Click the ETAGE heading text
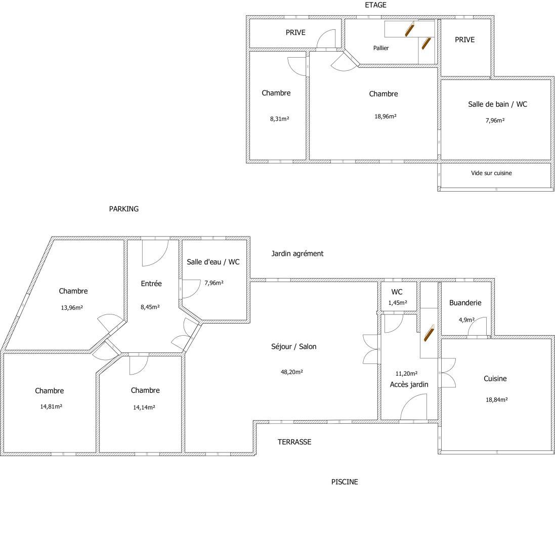[x=375, y=5]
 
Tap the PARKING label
[x=124, y=209]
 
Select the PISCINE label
[x=345, y=482]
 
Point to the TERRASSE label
[x=294, y=442]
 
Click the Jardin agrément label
[x=297, y=254]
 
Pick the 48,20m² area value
[x=291, y=372]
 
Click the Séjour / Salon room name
[x=294, y=347]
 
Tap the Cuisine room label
[x=495, y=379]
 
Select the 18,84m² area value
[x=497, y=400]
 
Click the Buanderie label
[x=465, y=303]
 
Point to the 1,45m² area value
[x=398, y=303]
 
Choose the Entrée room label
[x=151, y=284]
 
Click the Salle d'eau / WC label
[x=213, y=262]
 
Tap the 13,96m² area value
[x=72, y=308]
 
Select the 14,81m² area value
[x=51, y=406]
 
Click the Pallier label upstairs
[x=381, y=48]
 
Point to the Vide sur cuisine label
[x=491, y=173]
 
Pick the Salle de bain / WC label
[x=497, y=104]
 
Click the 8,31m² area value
[x=280, y=119]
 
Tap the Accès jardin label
[x=409, y=385]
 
